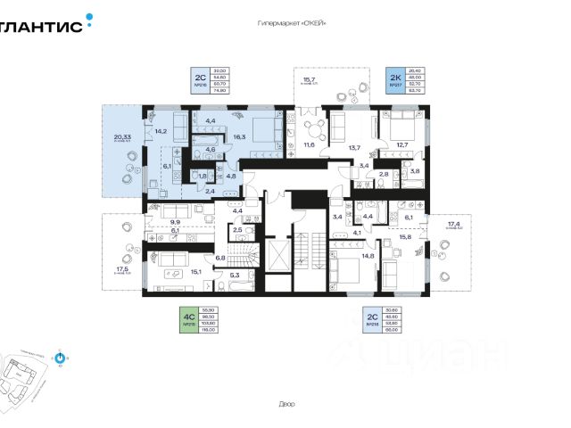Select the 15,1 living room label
[x=194, y=272]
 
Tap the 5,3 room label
[x=235, y=275]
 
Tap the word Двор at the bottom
[x=285, y=404]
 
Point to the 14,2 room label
[x=161, y=131]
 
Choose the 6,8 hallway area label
[x=220, y=257]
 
